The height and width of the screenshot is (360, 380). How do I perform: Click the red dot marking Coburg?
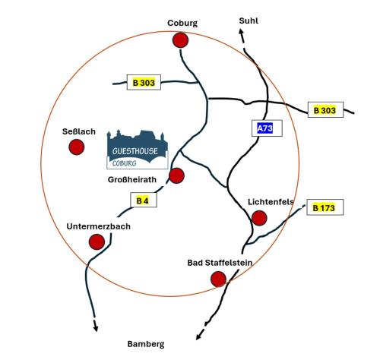180,40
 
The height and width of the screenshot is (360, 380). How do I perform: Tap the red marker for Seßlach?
77,147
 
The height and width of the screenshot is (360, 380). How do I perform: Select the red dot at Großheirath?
176,175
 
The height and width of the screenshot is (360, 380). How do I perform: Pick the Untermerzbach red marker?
97,242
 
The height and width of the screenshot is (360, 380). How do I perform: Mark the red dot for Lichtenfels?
259,218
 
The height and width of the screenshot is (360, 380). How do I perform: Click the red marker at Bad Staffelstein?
218,279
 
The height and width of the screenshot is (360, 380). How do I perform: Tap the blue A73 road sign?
267,128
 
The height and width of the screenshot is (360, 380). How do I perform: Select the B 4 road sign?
144,200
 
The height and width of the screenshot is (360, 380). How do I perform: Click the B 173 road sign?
325,207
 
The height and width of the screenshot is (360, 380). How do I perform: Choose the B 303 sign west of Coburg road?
144,82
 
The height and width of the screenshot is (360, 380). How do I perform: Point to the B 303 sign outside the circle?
325,110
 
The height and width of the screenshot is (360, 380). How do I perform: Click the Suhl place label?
249,21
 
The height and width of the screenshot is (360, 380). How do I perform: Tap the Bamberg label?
146,344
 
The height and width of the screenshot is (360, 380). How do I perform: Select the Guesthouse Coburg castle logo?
138,150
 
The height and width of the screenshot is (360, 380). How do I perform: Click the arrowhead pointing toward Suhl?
241,32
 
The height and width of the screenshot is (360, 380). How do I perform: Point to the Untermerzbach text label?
99,226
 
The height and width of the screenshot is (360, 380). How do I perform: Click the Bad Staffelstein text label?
220,263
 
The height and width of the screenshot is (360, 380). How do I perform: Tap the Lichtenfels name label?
271,202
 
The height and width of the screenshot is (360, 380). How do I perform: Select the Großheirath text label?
132,180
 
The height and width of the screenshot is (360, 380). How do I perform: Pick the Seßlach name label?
79,131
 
